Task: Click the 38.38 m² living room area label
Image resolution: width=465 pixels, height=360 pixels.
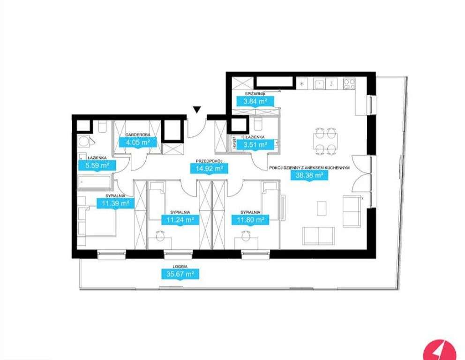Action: [309, 176]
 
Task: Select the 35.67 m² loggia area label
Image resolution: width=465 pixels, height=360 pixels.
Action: [178, 274]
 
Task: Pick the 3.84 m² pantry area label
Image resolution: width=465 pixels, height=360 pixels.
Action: [256, 101]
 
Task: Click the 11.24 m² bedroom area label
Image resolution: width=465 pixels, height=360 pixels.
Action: [178, 219]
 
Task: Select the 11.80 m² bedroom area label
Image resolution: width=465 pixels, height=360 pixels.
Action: [249, 219]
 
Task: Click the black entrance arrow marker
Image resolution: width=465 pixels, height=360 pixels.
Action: [197, 111]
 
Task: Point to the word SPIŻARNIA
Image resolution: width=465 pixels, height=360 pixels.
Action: [256, 94]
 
